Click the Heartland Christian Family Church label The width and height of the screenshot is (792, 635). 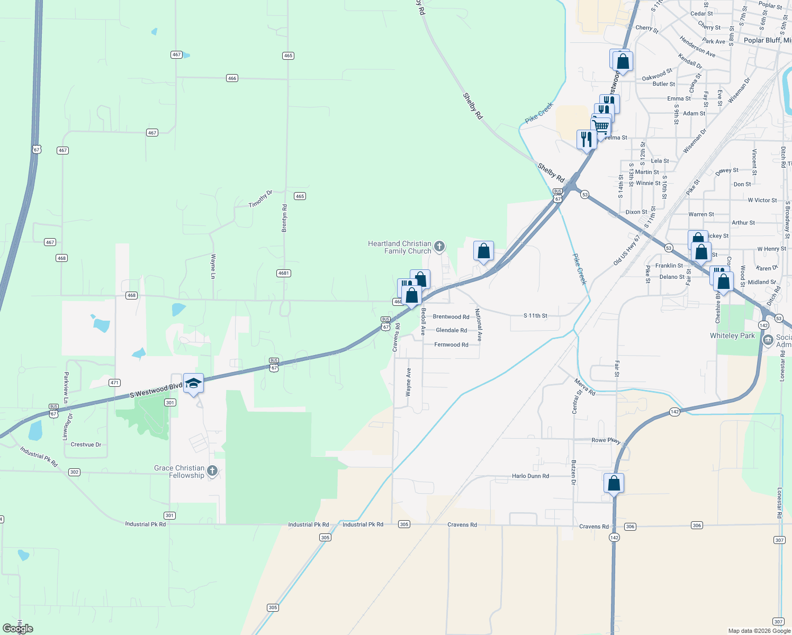tap(400, 247)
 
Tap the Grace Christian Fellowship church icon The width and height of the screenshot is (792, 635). tap(212, 470)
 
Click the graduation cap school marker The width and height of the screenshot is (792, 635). tap(193, 383)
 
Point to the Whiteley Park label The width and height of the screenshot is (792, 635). tap(732, 335)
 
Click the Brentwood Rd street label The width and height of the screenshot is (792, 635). tap(451, 317)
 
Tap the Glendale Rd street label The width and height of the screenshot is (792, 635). tap(451, 330)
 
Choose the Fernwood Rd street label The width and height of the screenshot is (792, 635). tap(451, 344)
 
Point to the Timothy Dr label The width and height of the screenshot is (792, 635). tap(260, 199)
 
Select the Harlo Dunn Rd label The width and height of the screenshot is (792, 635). tap(530, 476)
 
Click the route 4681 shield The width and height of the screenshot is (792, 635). tap(283, 273)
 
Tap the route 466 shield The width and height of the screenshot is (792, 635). tap(232, 78)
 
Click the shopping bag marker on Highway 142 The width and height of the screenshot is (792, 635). tap(614, 483)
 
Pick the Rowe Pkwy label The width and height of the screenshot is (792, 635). tap(606, 440)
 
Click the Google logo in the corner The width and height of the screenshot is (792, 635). tap(18, 629)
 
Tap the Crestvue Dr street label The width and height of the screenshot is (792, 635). tap(86, 444)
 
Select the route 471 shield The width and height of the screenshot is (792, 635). tap(114, 382)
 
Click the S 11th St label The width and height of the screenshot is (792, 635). tap(535, 315)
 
